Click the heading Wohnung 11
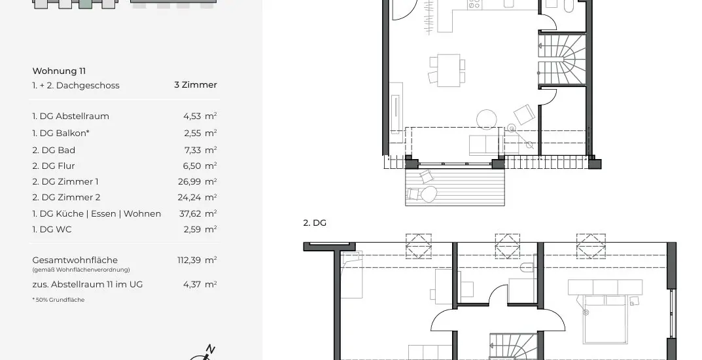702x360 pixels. [x=59, y=71]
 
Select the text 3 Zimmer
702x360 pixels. [x=195, y=84]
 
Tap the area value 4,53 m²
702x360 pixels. [x=200, y=116]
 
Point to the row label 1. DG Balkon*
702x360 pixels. [x=61, y=133]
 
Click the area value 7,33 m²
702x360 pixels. [x=200, y=150]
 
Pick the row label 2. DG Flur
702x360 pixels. [x=54, y=166]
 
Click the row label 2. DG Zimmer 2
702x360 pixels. [x=66, y=197]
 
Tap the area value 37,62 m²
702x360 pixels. [x=198, y=213]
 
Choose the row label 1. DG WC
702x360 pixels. [x=52, y=229]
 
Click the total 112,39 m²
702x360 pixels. [x=197, y=260]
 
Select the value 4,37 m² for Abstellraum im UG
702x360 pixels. [x=200, y=284]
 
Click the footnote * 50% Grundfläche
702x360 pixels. [x=58, y=300]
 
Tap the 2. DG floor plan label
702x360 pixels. [x=315, y=223]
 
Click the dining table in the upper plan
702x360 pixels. [x=445, y=69]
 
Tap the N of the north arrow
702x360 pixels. [x=210, y=349]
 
